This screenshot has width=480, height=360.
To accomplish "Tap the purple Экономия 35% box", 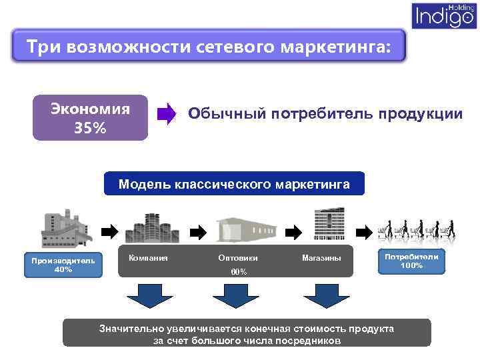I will click(x=91, y=117).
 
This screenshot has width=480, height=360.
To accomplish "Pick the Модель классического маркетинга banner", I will click(x=234, y=183).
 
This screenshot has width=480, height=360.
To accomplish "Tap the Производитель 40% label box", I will click(x=61, y=265).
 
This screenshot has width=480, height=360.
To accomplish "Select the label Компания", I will click(x=148, y=257).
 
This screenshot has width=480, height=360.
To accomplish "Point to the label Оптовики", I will click(x=238, y=257).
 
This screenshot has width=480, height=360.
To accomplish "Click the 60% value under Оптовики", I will click(x=238, y=272).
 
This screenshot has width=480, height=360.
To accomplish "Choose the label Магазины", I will click(x=321, y=257).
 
